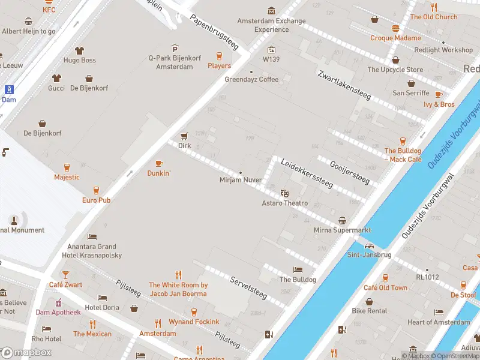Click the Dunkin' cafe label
pos(159,173)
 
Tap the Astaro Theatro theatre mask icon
pos(284,193)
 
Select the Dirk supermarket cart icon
pos(184,136)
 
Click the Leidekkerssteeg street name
pos(307,173)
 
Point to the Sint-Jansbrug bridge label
pos(369,254)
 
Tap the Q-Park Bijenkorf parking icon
pos(175,49)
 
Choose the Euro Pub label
pos(96,200)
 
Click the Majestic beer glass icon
pos(67,167)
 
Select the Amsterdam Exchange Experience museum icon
pos(271,11)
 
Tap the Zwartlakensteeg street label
pos(345,84)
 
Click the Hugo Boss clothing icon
pos(79,50)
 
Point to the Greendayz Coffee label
pos(251,79)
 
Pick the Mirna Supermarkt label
pos(342,230)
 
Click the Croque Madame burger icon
pos(395,28)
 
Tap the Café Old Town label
pos(385,287)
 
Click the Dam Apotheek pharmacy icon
pos(58,302)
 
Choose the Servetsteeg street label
pos(248,287)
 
